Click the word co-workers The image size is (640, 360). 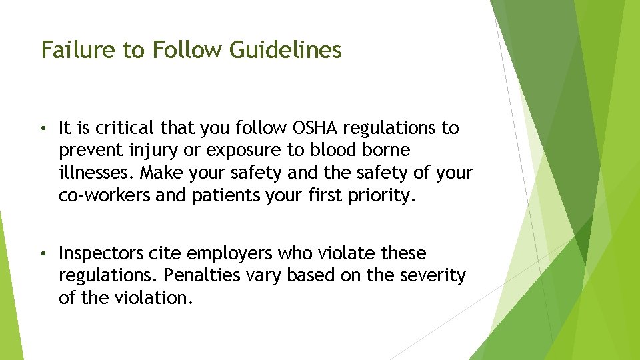(x=104, y=195)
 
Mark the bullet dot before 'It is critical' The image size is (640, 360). (x=44, y=128)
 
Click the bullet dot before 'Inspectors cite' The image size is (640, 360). (x=44, y=254)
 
